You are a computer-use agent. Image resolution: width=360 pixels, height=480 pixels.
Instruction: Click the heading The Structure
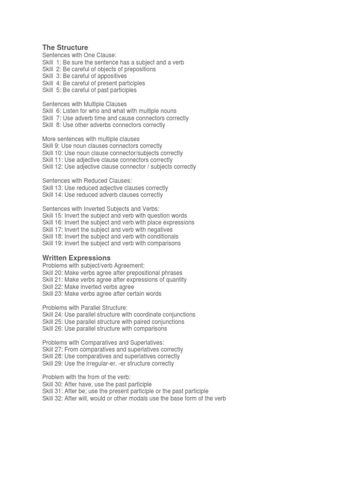[x=65, y=47]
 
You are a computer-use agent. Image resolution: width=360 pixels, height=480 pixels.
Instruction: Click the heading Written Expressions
[x=76, y=258]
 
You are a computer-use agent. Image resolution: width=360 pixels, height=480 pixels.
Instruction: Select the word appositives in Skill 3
[x=112, y=76]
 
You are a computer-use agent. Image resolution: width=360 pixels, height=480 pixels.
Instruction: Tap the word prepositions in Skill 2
[x=139, y=69]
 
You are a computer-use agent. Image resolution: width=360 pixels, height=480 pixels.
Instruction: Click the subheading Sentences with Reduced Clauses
[x=87, y=180]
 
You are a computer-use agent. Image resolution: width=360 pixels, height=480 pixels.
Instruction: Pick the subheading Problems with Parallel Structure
[x=85, y=307]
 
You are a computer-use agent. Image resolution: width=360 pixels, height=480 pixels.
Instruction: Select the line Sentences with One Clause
[x=79, y=55]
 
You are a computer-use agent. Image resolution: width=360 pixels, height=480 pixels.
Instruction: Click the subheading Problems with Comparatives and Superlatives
[x=103, y=343]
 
